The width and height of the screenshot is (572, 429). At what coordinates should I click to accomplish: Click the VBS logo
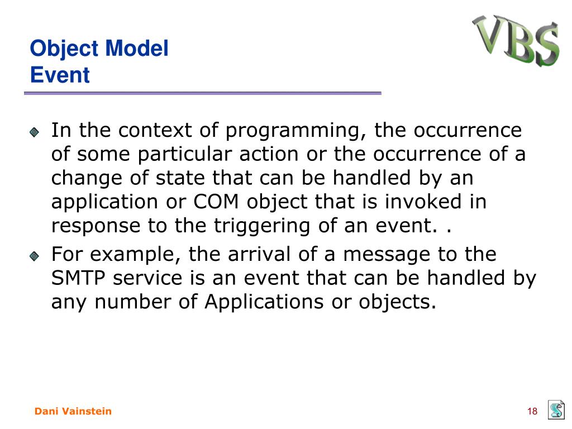[x=516, y=40]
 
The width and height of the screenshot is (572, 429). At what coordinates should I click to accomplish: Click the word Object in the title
[x=64, y=49]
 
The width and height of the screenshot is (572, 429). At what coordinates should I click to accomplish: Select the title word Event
[x=60, y=75]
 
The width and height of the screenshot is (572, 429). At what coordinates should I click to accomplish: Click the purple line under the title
[x=202, y=93]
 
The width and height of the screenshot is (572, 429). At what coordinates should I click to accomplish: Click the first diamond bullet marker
[x=34, y=132]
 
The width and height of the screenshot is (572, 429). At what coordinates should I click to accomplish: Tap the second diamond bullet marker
[x=34, y=256]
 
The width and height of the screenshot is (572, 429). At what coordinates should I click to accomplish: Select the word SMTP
[x=78, y=278]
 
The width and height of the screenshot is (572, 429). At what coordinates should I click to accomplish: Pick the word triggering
[x=261, y=226]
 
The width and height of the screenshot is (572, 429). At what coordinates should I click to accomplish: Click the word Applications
[x=264, y=302]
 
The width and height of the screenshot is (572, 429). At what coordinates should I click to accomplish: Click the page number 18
[x=532, y=412]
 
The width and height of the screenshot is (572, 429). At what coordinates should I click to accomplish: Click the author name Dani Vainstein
[x=73, y=411]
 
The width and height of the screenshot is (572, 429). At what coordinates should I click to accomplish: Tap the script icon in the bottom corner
[x=556, y=409]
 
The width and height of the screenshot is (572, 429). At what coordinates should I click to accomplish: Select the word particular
[x=184, y=155]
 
